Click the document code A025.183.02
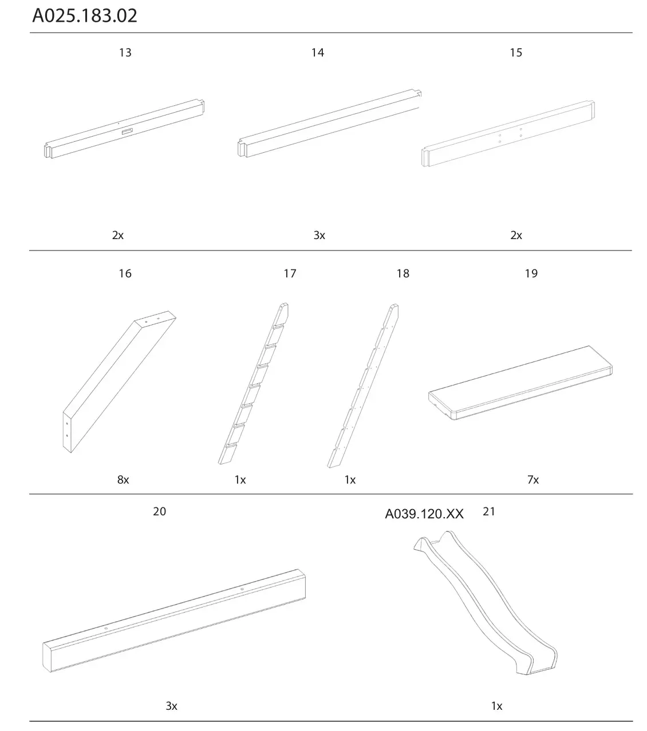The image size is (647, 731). click(x=85, y=15)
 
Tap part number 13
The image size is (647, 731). click(x=125, y=53)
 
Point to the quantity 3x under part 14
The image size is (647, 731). click(x=319, y=235)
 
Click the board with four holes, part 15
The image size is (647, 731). click(x=508, y=135)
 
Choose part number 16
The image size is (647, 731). click(x=125, y=273)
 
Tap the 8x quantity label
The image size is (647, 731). click(x=123, y=480)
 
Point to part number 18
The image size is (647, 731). click(x=403, y=273)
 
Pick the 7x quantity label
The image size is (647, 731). click(x=533, y=480)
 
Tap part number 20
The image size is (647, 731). click(x=159, y=511)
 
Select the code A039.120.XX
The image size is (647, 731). click(x=424, y=514)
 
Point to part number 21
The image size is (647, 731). click(x=488, y=511)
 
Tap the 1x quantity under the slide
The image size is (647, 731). click(x=496, y=706)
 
